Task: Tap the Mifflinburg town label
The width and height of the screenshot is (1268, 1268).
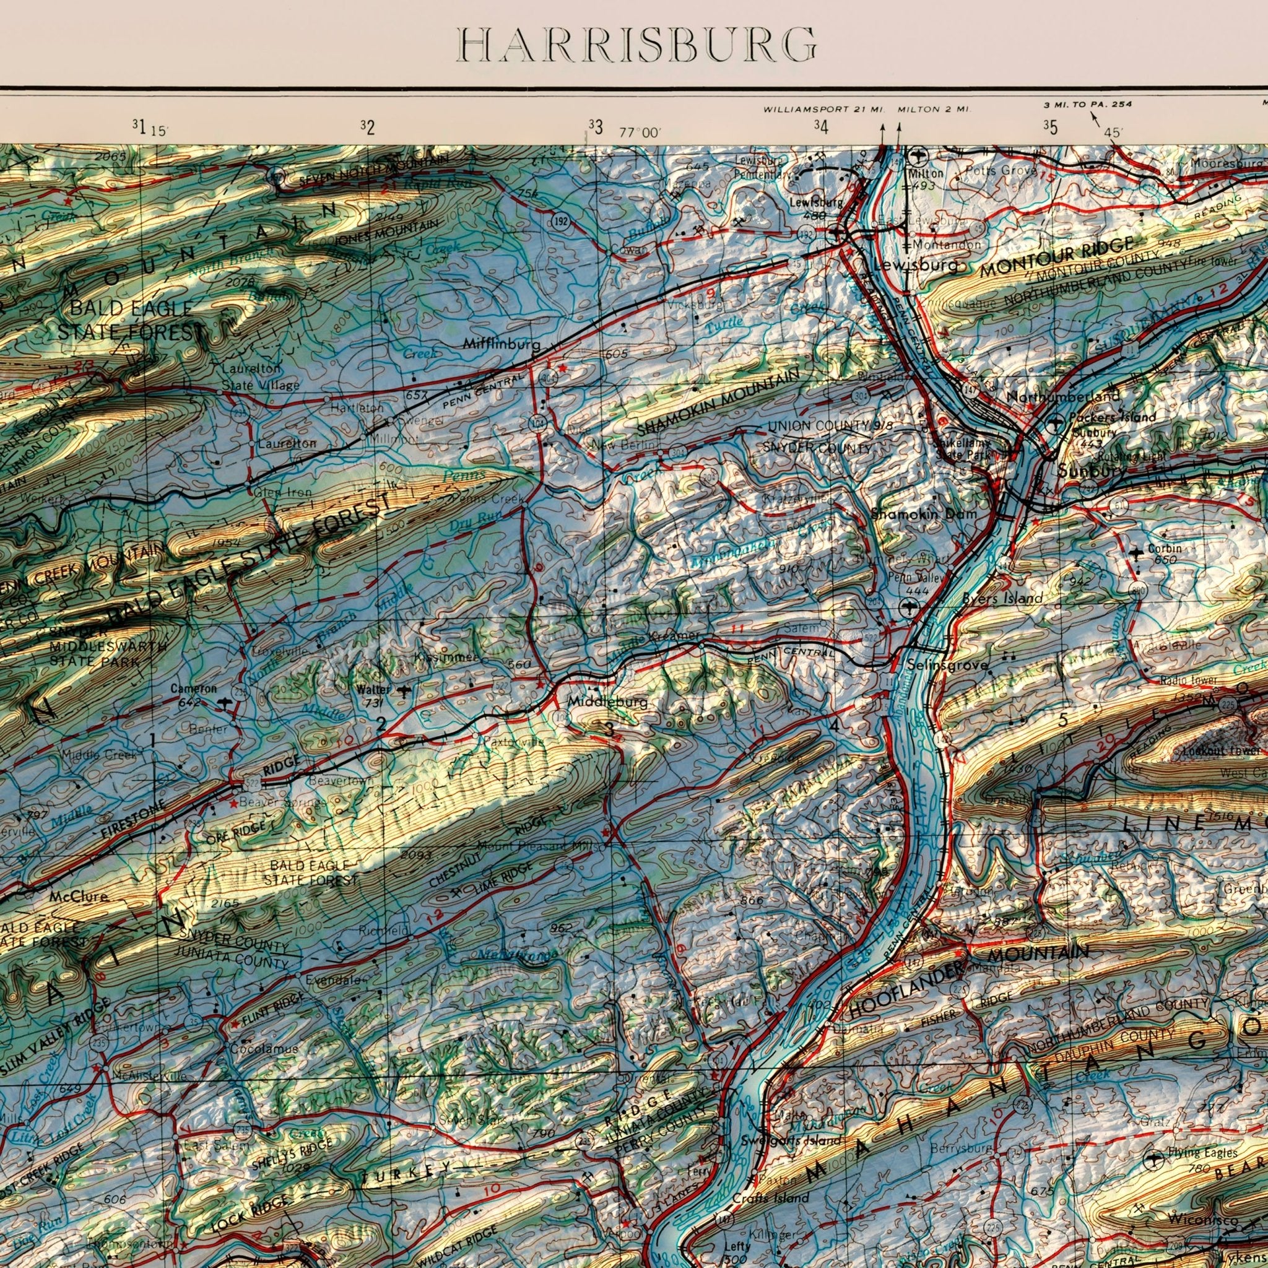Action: point(502,344)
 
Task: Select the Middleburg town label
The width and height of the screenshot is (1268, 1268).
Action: point(607,702)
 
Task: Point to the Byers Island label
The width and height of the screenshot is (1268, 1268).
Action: point(1002,598)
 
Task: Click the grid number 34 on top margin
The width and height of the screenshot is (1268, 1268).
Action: point(820,126)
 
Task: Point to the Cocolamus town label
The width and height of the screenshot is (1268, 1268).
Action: point(264,1048)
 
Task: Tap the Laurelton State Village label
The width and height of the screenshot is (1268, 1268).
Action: point(260,378)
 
